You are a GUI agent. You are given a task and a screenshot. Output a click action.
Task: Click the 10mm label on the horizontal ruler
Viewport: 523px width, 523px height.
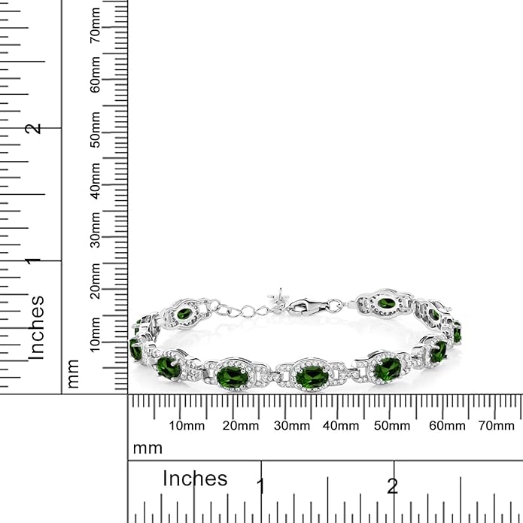pyautogui.click(x=186, y=426)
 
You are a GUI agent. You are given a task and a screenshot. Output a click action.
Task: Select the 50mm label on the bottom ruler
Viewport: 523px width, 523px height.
pyautogui.click(x=392, y=426)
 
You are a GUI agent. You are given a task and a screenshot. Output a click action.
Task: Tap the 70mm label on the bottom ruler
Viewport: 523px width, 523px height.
pyautogui.click(x=496, y=426)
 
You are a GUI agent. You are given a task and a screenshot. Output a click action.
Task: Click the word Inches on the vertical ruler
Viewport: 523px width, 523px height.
pyautogui.click(x=36, y=327)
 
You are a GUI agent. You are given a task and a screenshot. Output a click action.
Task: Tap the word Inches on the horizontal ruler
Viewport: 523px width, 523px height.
pyautogui.click(x=195, y=479)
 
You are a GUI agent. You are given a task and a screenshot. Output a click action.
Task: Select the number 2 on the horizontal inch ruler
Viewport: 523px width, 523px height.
pyautogui.click(x=392, y=485)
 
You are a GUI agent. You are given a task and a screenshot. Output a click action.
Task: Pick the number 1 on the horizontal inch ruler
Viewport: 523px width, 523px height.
pyautogui.click(x=261, y=485)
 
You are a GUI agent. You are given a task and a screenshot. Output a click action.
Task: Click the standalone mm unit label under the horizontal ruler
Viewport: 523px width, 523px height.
pyautogui.click(x=147, y=449)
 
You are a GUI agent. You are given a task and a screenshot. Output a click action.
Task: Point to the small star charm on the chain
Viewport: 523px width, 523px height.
pyautogui.click(x=279, y=296)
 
